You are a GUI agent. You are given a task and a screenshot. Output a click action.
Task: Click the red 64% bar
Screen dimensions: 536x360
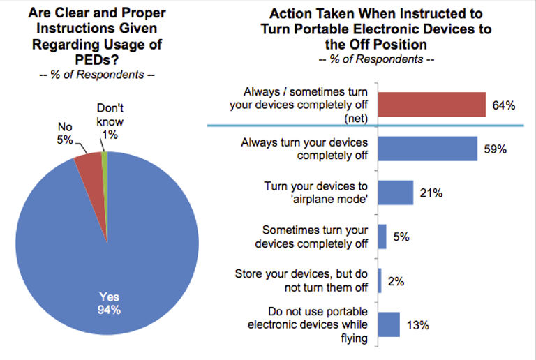[432, 105]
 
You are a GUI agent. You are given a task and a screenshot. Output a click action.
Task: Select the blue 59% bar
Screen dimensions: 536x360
[428, 149]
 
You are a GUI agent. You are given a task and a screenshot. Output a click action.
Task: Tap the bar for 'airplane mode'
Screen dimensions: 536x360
[396, 193]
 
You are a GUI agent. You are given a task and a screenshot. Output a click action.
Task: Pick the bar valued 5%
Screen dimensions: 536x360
[382, 237]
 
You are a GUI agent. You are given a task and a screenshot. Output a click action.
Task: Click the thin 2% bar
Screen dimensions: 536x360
[380, 280]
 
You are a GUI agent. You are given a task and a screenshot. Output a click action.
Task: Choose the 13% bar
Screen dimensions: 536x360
[389, 324]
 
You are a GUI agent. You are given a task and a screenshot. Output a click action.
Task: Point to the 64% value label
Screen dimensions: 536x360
[503, 105]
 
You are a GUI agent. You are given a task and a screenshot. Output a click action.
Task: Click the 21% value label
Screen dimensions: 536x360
[431, 193]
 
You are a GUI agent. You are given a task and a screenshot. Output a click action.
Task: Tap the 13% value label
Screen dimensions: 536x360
[418, 325]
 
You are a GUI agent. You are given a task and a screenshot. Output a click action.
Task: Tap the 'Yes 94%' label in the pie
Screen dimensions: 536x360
[109, 303]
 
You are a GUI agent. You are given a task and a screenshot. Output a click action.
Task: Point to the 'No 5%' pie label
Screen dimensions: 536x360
[65, 133]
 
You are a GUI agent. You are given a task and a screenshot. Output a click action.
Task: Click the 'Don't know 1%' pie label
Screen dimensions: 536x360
[110, 121]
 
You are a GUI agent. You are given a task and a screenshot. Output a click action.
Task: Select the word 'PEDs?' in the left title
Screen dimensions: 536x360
[97, 60]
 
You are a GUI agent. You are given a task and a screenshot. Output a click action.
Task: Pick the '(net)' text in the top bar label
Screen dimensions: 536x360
[356, 118]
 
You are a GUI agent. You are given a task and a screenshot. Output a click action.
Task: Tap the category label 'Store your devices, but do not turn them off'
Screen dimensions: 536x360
[301, 280]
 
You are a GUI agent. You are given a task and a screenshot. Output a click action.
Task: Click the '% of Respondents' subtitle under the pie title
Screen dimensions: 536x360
[97, 75]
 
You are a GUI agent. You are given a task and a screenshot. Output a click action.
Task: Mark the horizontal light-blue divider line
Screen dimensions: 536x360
[366, 126]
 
